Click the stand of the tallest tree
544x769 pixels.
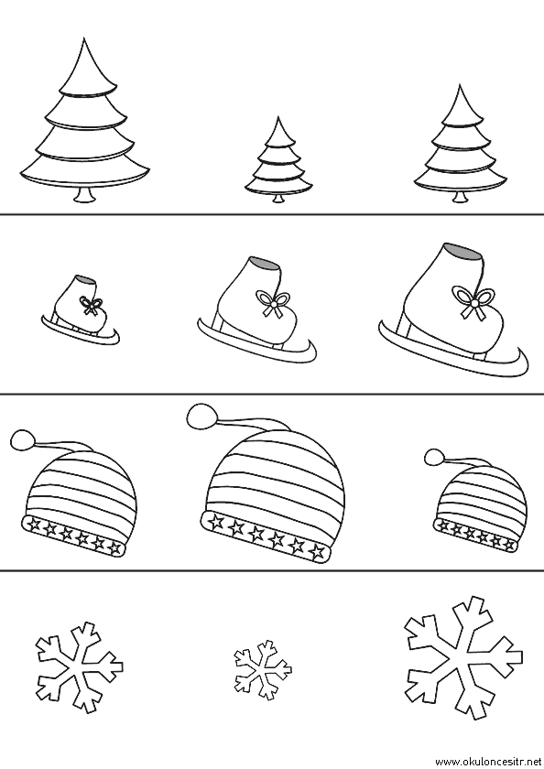click(x=86, y=195)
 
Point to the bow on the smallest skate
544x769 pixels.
click(x=89, y=305)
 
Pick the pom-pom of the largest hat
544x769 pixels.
click(x=202, y=416)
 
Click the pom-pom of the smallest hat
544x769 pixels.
click(x=435, y=457)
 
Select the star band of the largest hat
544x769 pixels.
click(x=266, y=536)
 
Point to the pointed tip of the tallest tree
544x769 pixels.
click(x=83, y=38)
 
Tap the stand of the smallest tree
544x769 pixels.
click(x=278, y=198)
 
